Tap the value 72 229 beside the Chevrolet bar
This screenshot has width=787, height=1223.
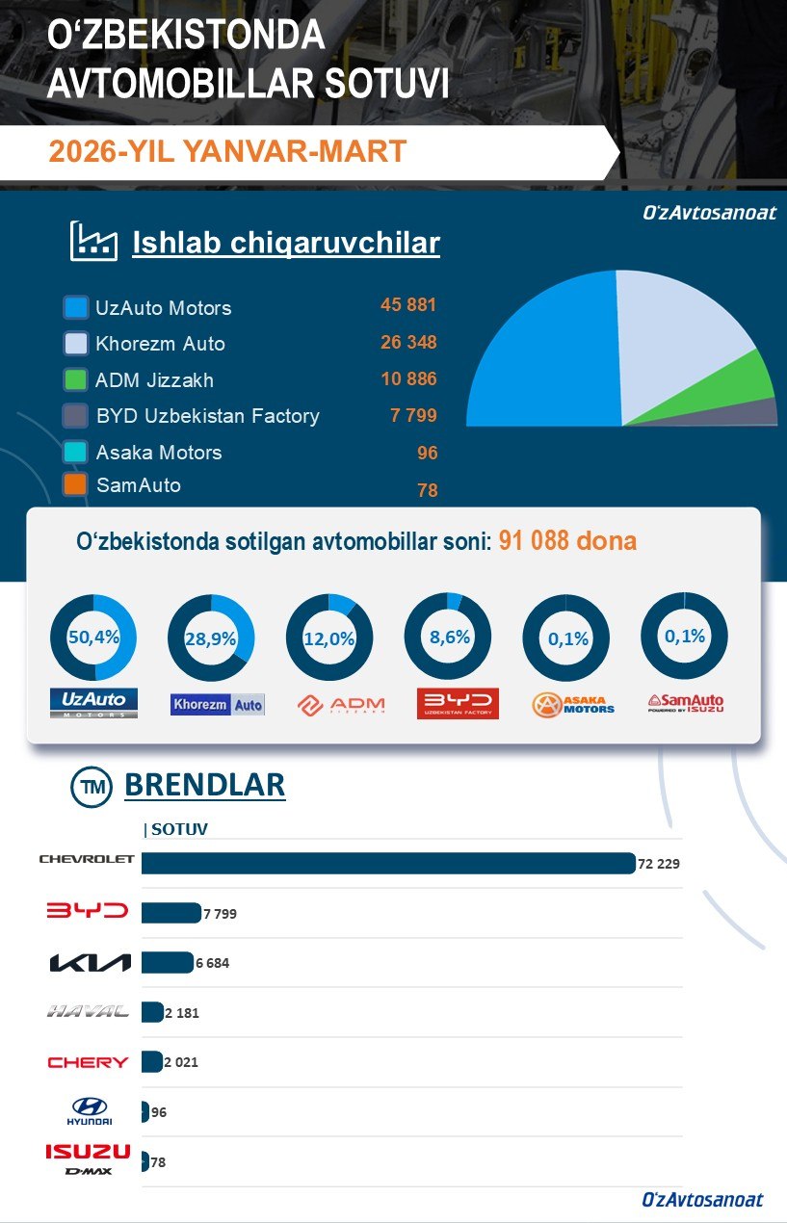coord(659,864)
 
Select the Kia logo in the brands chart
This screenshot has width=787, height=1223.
coord(89,962)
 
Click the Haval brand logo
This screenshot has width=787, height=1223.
coord(88,1012)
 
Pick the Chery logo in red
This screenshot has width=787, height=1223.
coord(88,1062)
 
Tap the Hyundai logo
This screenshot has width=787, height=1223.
coord(90,1111)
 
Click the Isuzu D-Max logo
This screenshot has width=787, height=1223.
coord(88,1158)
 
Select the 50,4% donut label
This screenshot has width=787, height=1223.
coord(93,638)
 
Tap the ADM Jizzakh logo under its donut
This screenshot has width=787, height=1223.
coord(341,705)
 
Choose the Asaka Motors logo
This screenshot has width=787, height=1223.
coord(573,705)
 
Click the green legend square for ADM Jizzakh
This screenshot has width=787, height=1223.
coord(76,379)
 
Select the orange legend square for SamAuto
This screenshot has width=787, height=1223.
coord(76,484)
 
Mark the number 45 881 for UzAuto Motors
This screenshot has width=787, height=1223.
coord(408,305)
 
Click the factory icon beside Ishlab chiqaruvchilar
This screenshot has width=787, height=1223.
coord(93,242)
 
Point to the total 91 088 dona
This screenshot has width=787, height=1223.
coord(567,541)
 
